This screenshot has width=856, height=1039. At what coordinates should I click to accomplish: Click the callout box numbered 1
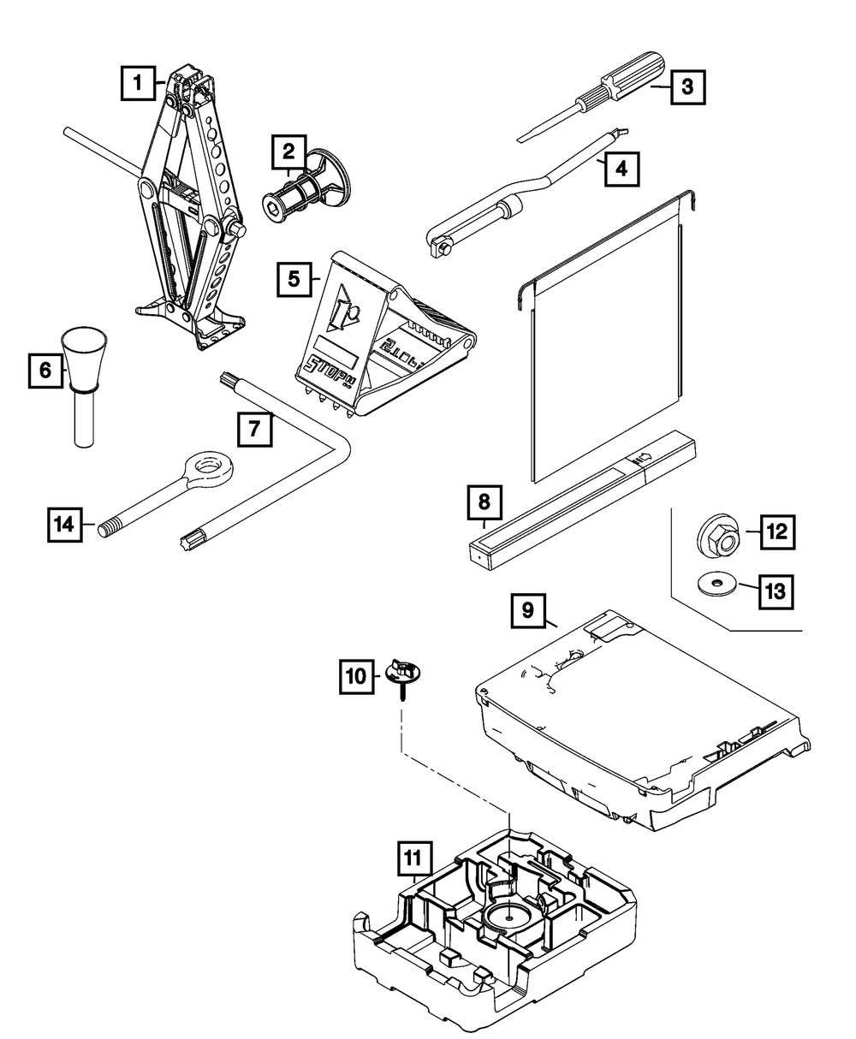click(136, 86)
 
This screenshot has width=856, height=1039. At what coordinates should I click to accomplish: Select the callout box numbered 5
click(294, 279)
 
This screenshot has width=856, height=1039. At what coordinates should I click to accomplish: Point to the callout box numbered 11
click(414, 856)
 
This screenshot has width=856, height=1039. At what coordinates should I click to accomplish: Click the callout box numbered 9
click(528, 610)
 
